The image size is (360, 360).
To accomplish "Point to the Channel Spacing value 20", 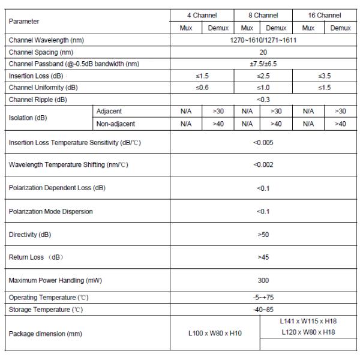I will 263,52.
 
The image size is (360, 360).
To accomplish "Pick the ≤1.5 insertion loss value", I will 201,76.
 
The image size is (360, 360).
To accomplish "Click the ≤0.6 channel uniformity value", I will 201,88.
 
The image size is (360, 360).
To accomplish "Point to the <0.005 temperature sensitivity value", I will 263,142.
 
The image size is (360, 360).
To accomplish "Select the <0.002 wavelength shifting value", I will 263,164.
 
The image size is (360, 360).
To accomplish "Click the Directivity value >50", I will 263,235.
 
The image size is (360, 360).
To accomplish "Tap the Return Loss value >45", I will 263,257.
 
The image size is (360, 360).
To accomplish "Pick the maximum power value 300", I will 263,280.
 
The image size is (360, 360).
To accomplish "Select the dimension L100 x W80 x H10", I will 214,333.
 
